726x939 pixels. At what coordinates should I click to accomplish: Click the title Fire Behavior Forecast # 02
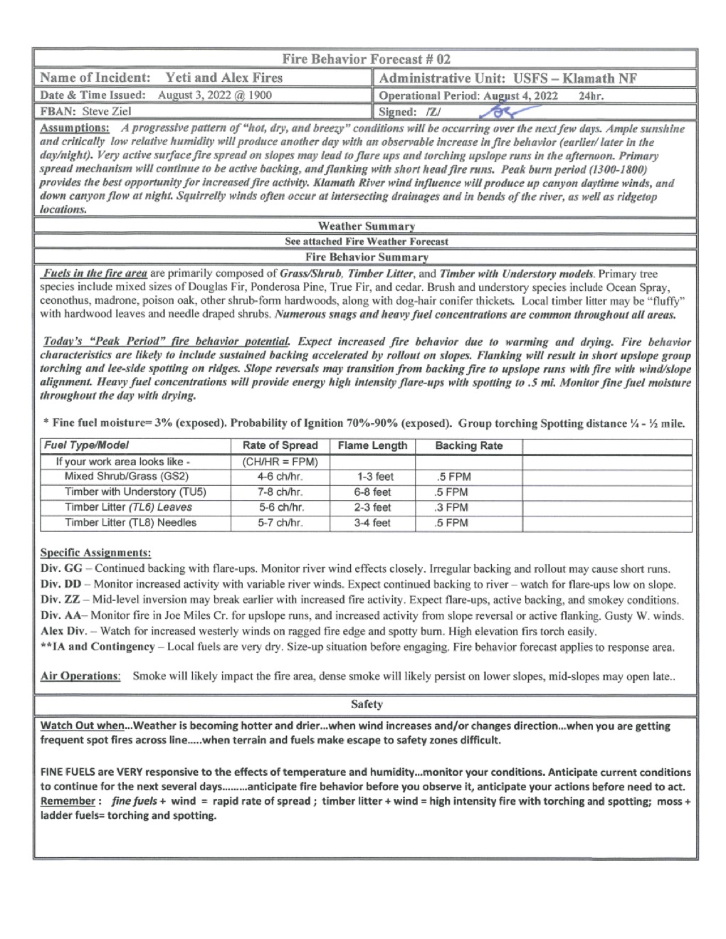tap(366, 59)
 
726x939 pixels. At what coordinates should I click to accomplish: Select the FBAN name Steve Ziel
tap(107, 112)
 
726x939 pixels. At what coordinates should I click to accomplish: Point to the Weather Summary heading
tap(366, 226)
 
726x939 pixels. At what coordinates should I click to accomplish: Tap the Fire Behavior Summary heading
tap(366, 258)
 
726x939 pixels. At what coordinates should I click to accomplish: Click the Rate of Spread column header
tap(280, 446)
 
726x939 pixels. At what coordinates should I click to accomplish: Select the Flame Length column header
tap(372, 446)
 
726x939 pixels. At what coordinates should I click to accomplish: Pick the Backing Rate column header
tap(468, 446)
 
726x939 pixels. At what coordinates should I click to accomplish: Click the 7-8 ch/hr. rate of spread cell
tap(280, 492)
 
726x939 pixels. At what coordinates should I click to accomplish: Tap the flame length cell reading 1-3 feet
tap(374, 477)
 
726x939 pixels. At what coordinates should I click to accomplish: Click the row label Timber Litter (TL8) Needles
tap(130, 523)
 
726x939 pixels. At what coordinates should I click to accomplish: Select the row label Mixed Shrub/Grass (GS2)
tap(126, 477)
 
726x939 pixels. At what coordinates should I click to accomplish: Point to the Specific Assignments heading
tap(95, 553)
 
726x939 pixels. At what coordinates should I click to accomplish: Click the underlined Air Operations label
tap(80, 676)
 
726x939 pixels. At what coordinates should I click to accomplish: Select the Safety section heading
tap(366, 704)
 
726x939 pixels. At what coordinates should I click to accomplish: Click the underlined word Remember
tap(68, 801)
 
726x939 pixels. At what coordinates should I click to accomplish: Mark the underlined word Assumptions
tap(75, 129)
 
